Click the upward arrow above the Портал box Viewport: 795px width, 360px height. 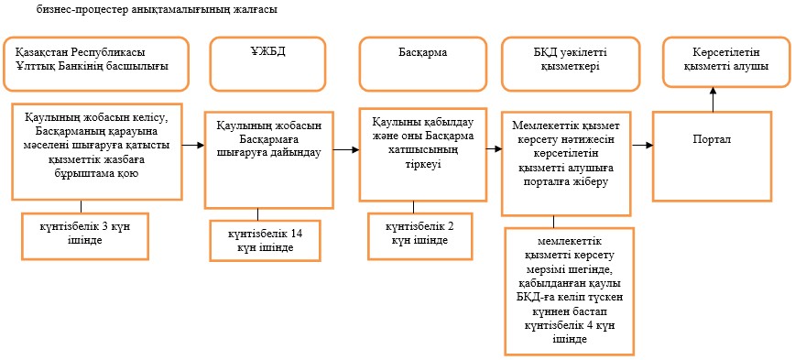(x=713, y=98)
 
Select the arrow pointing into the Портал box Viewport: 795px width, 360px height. (x=642, y=146)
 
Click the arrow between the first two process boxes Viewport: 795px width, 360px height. (x=193, y=145)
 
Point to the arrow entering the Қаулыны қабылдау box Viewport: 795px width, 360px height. (x=346, y=150)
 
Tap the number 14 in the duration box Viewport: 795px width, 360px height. (x=298, y=235)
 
